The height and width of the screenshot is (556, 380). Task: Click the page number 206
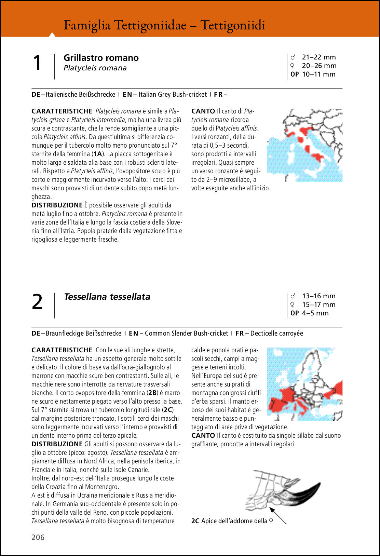click(x=38, y=537)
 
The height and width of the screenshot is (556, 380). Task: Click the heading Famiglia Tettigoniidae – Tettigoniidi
click(x=164, y=25)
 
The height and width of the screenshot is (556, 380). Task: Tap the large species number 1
click(x=37, y=63)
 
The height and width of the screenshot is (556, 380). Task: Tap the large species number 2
click(x=37, y=302)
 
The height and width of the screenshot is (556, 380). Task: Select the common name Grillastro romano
click(x=101, y=58)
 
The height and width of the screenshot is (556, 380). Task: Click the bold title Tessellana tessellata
click(x=107, y=297)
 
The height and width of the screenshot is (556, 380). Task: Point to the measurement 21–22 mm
click(x=318, y=57)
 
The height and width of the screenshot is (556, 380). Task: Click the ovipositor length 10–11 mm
click(x=318, y=74)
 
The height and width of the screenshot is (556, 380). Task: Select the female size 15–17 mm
click(x=318, y=304)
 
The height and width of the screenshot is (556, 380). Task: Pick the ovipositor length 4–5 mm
click(x=315, y=313)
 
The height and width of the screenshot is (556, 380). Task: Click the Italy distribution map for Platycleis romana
click(x=304, y=145)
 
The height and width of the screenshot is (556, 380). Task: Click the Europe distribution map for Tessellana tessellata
click(x=304, y=384)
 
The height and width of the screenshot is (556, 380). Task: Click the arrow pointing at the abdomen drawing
click(x=278, y=515)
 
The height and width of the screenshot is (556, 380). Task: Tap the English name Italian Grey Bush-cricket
click(x=173, y=94)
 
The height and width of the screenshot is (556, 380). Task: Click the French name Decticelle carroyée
click(x=276, y=333)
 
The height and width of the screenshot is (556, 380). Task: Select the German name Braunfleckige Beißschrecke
click(x=83, y=333)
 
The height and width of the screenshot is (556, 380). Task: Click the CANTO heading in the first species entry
click(x=203, y=111)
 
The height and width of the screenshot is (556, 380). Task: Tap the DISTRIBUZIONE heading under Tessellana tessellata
click(x=57, y=444)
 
